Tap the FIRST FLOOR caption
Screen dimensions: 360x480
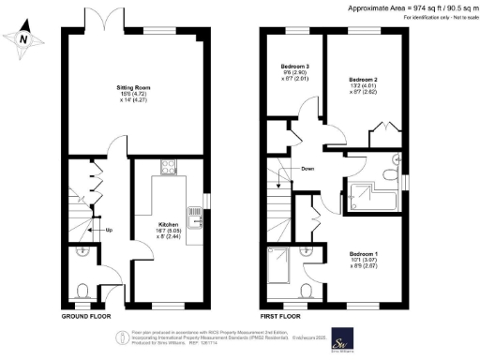283,316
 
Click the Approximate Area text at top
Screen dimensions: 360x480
397,7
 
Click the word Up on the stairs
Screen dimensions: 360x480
109,231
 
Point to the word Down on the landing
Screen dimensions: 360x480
307,169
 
